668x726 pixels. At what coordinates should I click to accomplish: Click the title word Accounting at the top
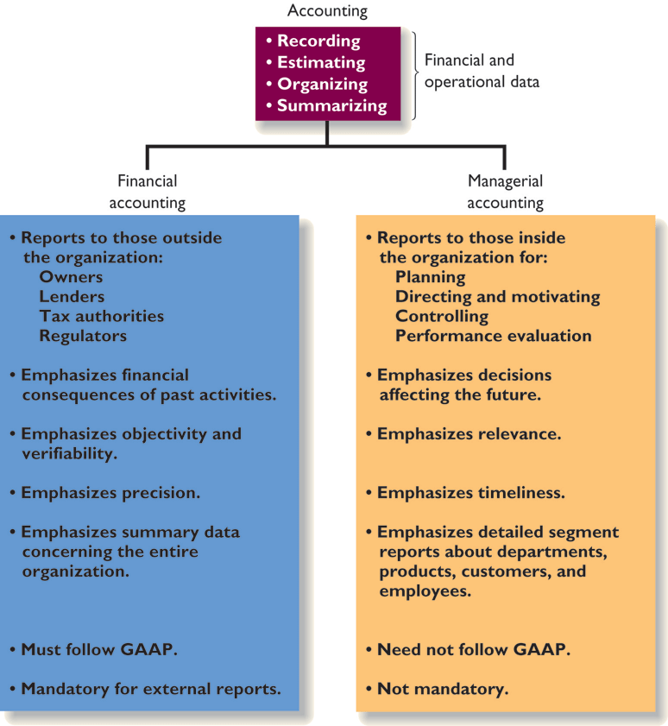click(x=327, y=11)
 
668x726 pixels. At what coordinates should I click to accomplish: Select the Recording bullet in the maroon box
click(x=318, y=41)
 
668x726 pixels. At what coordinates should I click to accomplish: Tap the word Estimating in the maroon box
click(x=320, y=62)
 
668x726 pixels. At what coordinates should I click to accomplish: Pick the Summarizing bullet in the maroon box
click(x=331, y=105)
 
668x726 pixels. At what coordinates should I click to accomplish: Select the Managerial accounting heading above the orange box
click(x=505, y=192)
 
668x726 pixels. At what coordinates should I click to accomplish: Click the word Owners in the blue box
click(x=71, y=277)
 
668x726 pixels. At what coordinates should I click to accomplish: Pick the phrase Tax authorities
click(x=101, y=316)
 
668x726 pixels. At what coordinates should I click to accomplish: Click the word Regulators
click(x=83, y=336)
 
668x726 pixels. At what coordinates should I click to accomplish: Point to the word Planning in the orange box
click(x=430, y=277)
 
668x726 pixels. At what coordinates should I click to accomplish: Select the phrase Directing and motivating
click(x=497, y=296)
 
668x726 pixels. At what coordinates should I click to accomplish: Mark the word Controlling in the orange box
click(x=441, y=316)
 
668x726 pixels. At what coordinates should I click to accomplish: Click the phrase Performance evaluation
click(x=493, y=336)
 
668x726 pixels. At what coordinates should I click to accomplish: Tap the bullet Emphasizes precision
click(x=110, y=493)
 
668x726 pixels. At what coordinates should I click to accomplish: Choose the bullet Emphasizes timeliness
click(x=470, y=493)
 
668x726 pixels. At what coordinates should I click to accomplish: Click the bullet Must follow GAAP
click(x=98, y=649)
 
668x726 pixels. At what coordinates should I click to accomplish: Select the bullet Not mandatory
click(x=442, y=689)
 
